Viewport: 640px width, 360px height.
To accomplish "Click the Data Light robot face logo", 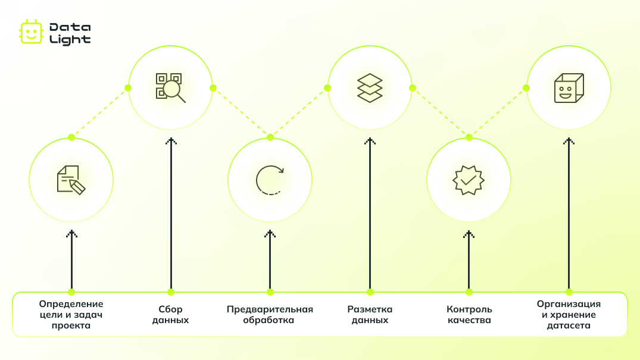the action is pos(31,32).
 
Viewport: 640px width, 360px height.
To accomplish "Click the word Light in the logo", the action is pos(70,40).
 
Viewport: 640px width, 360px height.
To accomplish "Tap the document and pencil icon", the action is pos(71,180).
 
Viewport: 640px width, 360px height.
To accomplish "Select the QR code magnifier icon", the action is pos(171,87).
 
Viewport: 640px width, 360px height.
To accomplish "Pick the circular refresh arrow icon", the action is pos(270,180).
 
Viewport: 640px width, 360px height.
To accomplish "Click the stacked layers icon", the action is pos(370,87).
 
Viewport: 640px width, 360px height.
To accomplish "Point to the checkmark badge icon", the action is pos(469,180).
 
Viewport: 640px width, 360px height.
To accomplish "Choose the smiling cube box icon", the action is pos(569,87).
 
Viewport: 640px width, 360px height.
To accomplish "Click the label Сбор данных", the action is pos(171,315).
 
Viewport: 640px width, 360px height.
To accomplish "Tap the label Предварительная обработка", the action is pos(270,315).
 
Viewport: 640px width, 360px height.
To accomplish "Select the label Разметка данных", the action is pos(370,315).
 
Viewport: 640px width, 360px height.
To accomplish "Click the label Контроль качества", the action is pos(469,315).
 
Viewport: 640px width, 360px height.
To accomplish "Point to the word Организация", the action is pos(569,304).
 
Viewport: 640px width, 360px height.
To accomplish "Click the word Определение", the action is pos(71,304).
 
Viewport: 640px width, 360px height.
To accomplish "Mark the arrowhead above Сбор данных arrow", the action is pos(171,141).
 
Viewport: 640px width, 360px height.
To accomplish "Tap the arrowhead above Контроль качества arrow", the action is pos(469,234).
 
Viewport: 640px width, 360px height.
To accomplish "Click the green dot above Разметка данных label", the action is pos(370,292).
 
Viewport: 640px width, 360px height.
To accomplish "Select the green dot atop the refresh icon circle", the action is pos(270,137).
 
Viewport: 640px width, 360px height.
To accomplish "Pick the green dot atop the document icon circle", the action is pos(71,137).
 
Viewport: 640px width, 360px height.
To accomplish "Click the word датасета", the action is pos(569,325).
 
